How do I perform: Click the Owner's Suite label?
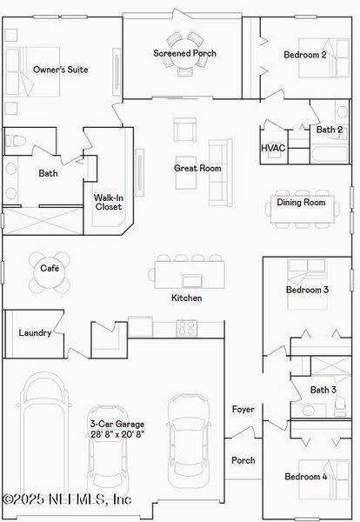(x=60, y=69)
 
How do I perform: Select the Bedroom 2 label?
(x=305, y=55)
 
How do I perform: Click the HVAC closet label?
(x=273, y=148)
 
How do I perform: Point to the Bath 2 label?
(x=329, y=130)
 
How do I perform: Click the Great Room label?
(x=197, y=168)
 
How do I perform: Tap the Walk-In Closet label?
(x=109, y=203)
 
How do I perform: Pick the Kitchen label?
(x=186, y=298)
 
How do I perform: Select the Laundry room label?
(x=35, y=332)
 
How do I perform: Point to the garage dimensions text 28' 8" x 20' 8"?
(x=117, y=433)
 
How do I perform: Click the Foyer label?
(x=243, y=409)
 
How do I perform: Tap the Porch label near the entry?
(x=243, y=460)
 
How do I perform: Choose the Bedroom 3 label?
(x=307, y=290)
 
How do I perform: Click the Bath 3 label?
(x=323, y=389)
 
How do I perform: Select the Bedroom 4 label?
(x=307, y=477)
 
